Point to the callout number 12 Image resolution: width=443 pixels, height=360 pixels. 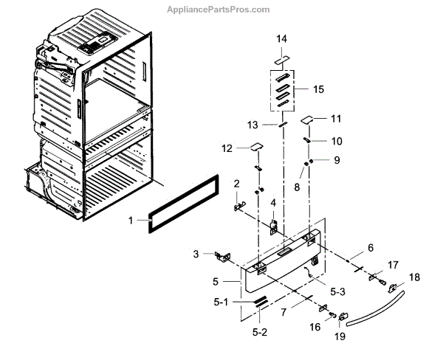click(227, 148)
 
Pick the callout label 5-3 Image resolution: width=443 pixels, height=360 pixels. click(338, 291)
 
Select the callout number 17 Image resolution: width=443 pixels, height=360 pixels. click(392, 263)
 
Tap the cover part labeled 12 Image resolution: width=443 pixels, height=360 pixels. click(254, 147)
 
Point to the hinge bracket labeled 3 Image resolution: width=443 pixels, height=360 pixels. click(221, 256)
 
